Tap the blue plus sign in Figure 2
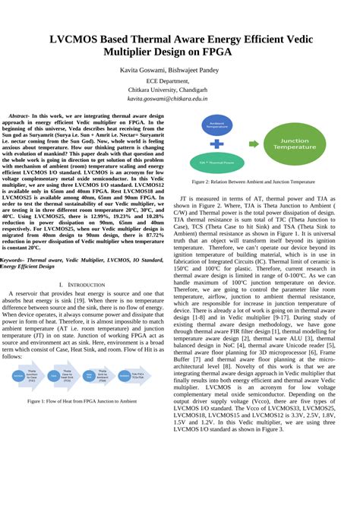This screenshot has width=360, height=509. pyautogui.click(x=219, y=143)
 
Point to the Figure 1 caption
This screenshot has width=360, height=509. pyautogui.click(x=91, y=400)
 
